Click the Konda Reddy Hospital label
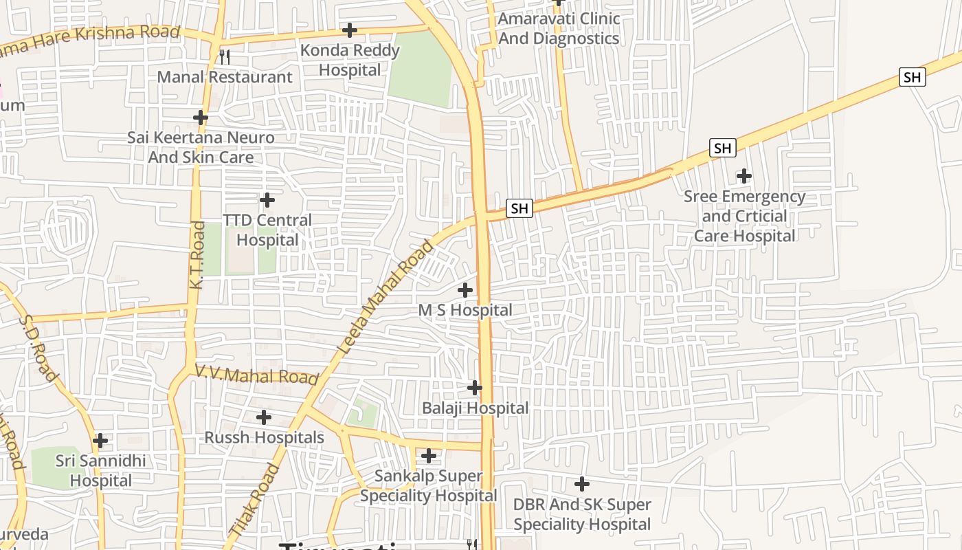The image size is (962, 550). point(350,60)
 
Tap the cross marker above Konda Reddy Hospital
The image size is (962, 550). point(350,30)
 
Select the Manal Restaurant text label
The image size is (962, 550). point(225,77)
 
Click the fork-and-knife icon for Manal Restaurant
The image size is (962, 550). point(224,56)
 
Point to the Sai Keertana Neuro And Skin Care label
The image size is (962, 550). point(201,147)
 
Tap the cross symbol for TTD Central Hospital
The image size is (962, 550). point(267,200)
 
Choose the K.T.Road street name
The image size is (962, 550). point(197,254)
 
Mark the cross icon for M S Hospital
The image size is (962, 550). point(465,290)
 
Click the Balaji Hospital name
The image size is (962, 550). point(475,408)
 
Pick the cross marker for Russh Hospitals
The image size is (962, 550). point(263,417)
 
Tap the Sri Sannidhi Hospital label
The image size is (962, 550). point(101,470)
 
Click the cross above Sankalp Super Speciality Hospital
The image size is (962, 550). point(429,456)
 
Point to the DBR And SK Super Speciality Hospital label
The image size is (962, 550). point(582,514)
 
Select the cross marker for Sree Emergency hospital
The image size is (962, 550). point(743,176)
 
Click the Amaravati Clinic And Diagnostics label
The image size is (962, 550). point(559,29)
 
